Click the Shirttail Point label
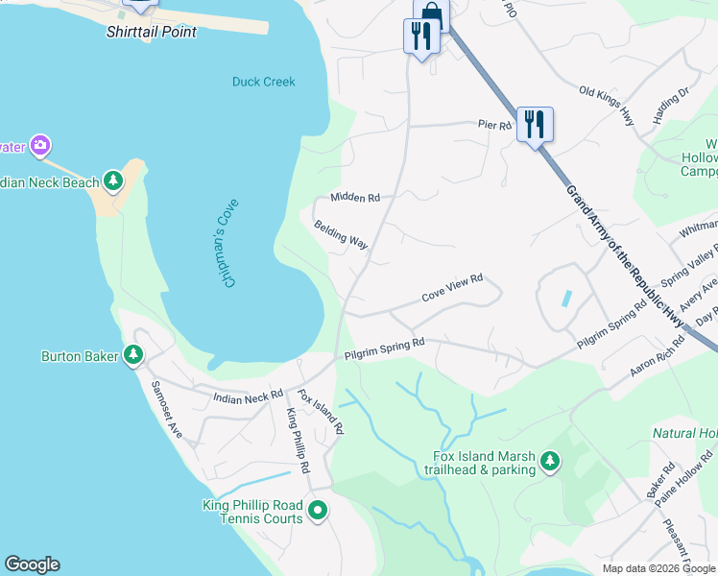click(152, 32)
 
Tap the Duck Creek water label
click(263, 82)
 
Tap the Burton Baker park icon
click(133, 356)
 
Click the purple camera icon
click(39, 146)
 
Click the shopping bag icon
click(432, 13)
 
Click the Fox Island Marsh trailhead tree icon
click(550, 463)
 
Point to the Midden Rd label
click(355, 197)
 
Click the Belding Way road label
click(341, 235)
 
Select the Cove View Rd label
click(451, 289)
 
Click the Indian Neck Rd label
click(249, 395)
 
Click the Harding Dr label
click(671, 107)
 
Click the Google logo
click(32, 564)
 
